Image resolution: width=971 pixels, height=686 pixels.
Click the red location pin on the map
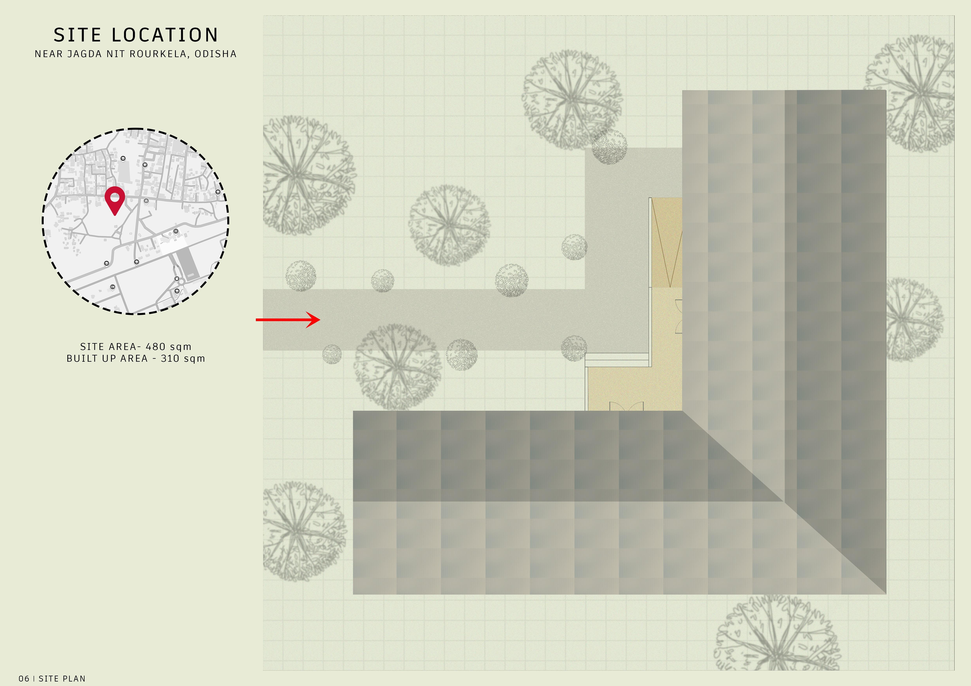tap(115, 200)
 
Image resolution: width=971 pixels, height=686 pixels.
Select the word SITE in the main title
tap(77, 35)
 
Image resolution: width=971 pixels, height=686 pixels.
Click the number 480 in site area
tap(156, 347)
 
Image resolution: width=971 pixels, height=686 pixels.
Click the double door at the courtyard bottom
tap(626, 406)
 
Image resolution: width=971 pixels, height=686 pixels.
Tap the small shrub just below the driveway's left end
tap(332, 354)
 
